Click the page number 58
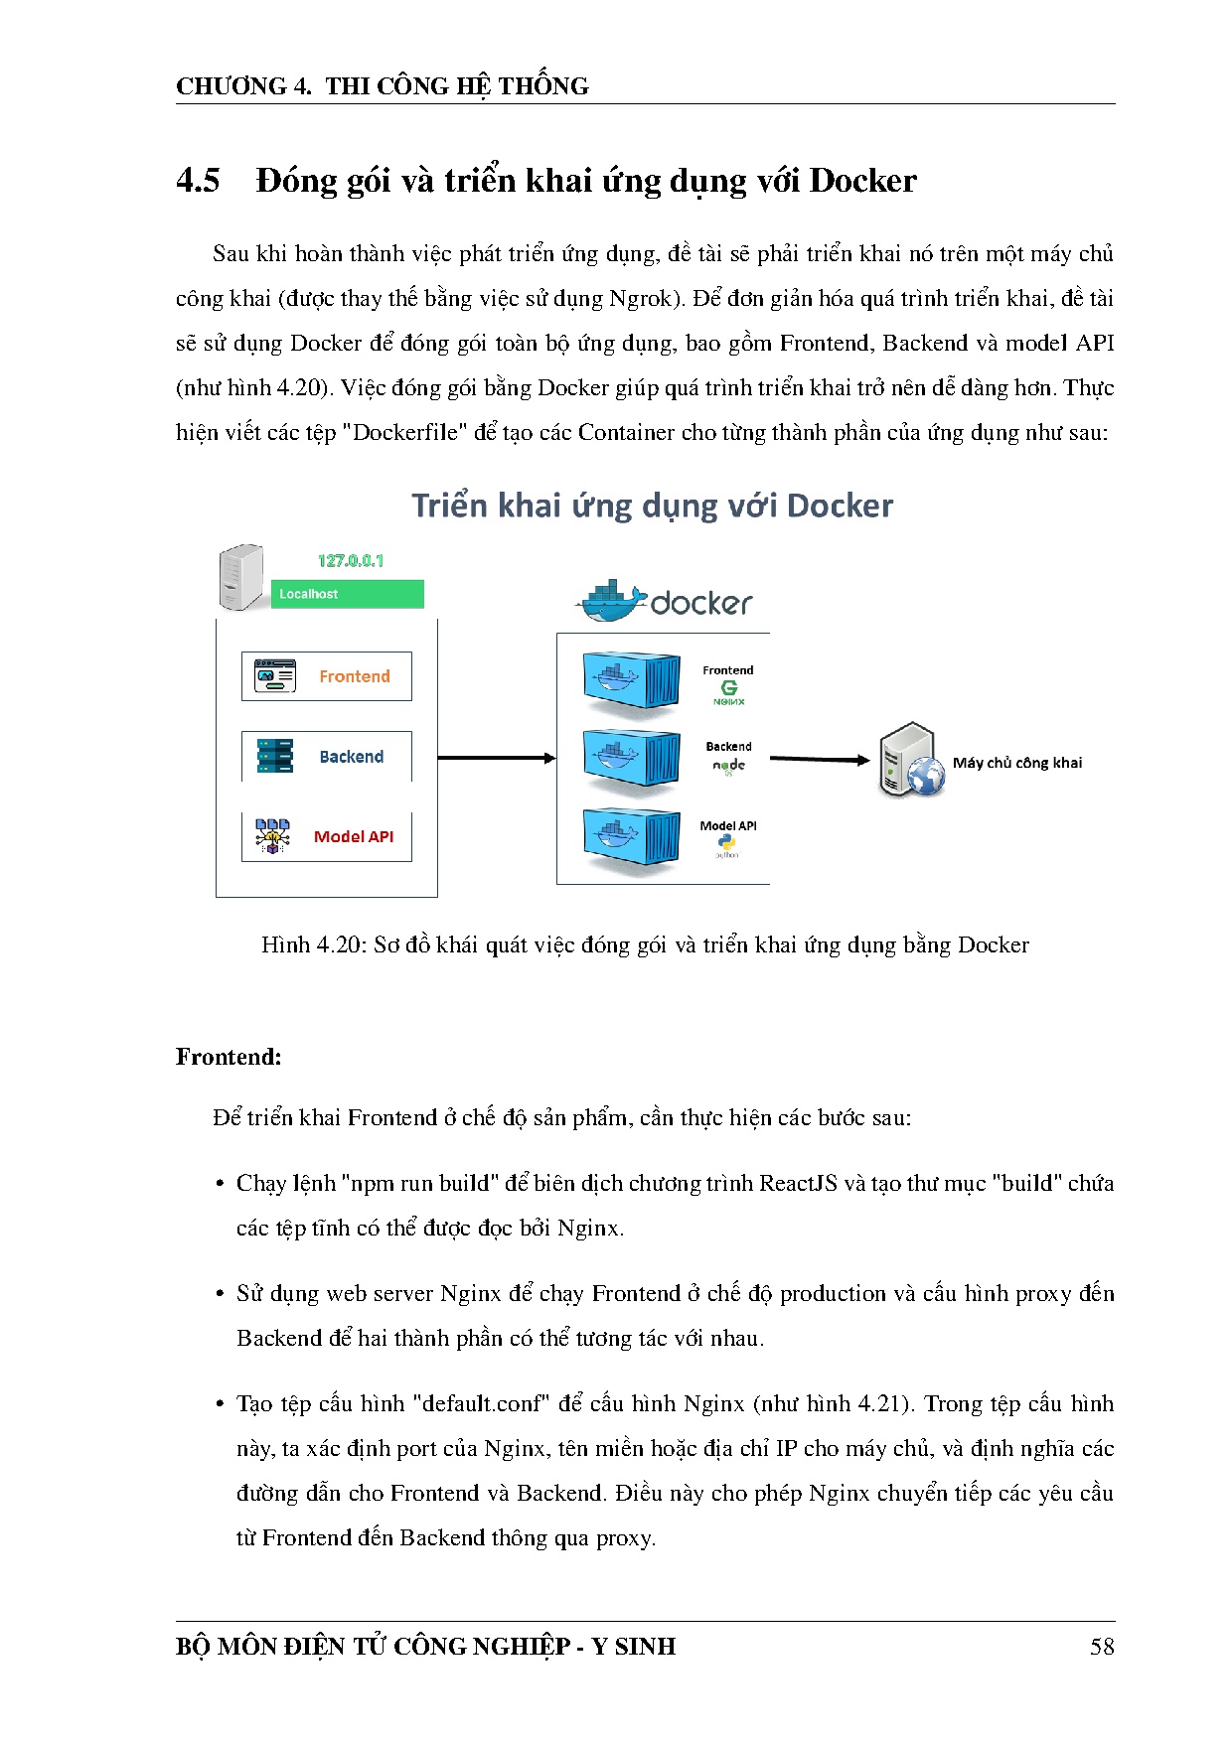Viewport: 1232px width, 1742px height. (1102, 1647)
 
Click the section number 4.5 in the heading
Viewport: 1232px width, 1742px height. (198, 181)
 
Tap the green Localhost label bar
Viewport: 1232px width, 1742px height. (347, 594)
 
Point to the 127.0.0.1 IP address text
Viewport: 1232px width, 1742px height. (351, 561)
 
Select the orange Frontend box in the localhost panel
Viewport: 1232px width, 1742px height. (327, 676)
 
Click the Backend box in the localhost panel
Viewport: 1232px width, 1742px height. (327, 757)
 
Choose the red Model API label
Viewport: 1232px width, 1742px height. (354, 837)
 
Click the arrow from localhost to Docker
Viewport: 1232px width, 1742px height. (496, 758)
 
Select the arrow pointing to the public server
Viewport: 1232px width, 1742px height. (820, 760)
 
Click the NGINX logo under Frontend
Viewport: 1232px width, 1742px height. (728, 692)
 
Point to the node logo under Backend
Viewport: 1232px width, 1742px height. (728, 766)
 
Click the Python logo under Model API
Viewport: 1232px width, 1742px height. (727, 844)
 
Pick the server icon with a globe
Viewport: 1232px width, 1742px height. (910, 761)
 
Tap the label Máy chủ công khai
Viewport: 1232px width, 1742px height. (1017, 763)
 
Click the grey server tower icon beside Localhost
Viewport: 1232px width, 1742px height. (241, 576)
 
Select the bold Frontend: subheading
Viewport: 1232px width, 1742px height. (229, 1057)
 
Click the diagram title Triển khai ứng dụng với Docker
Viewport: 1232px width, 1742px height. (652, 507)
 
